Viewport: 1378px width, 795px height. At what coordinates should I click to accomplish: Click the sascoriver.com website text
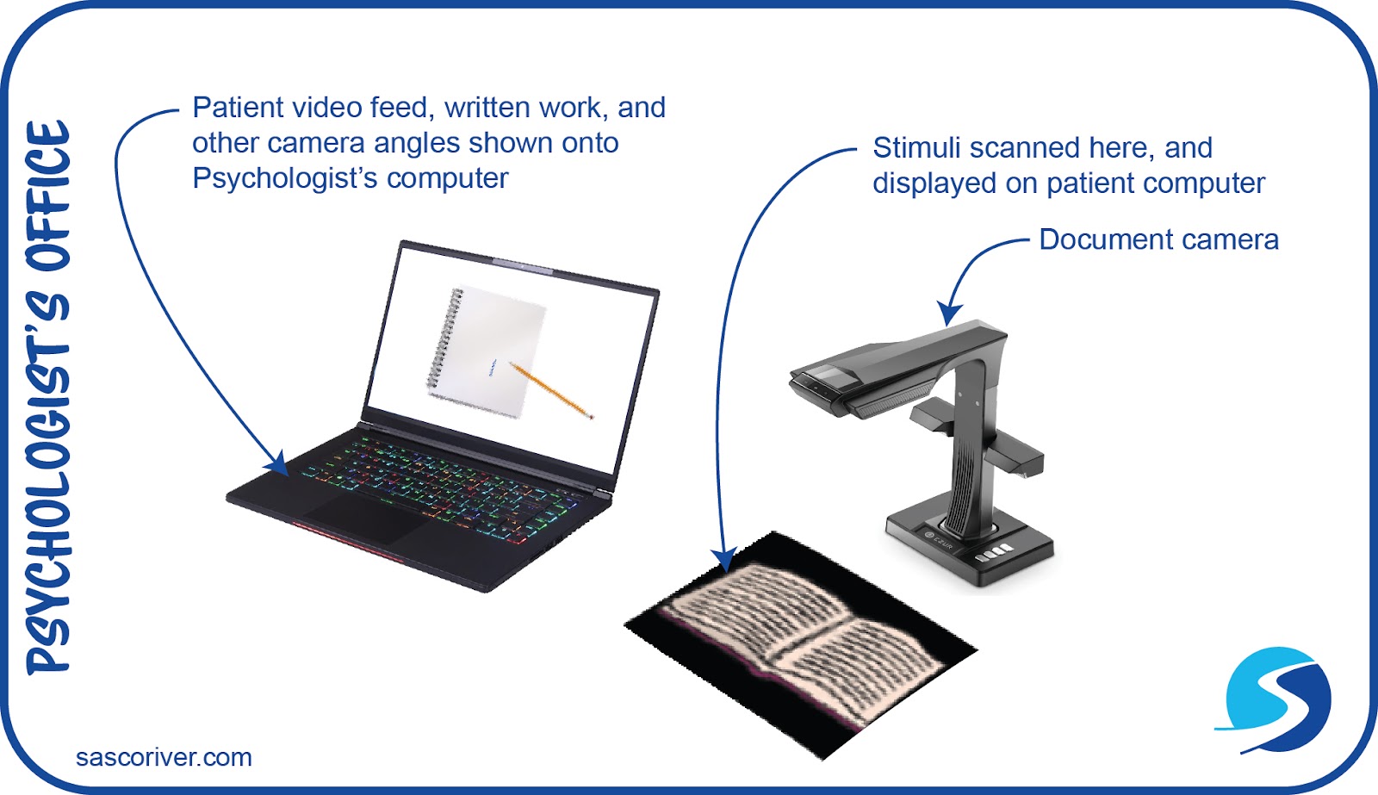(164, 758)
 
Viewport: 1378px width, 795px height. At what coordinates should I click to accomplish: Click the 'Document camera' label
(1158, 239)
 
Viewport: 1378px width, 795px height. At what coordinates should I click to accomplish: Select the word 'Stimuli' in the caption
(916, 148)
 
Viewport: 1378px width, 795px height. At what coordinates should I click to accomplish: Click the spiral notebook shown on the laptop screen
(487, 350)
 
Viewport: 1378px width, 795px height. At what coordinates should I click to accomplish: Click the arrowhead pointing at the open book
(724, 560)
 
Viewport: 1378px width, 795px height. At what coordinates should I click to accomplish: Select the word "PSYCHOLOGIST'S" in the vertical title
(48, 482)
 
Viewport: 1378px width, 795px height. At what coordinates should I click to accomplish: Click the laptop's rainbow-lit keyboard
(439, 482)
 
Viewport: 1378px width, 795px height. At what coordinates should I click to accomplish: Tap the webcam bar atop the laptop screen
(523, 265)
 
